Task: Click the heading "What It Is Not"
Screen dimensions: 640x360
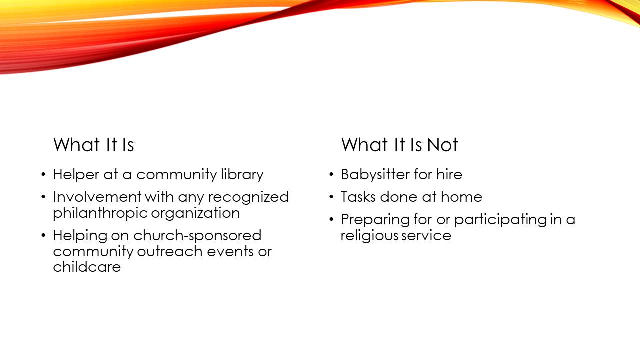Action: click(399, 145)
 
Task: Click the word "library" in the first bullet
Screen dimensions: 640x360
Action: click(242, 174)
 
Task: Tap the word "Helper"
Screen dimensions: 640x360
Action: click(76, 174)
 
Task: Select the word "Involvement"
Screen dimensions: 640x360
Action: click(97, 197)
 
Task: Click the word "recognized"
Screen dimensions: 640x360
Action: click(248, 197)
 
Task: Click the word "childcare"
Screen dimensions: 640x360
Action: click(87, 267)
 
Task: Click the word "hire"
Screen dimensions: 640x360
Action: click(449, 174)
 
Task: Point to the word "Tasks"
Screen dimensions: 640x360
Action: click(358, 197)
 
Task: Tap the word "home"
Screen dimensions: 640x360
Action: click(461, 197)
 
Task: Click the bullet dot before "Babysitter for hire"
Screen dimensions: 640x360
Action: click(331, 174)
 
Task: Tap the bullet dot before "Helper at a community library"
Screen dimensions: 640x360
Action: click(43, 174)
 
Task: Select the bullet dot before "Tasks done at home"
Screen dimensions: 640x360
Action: click(331, 197)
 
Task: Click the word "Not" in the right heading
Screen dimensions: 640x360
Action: click(442, 145)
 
